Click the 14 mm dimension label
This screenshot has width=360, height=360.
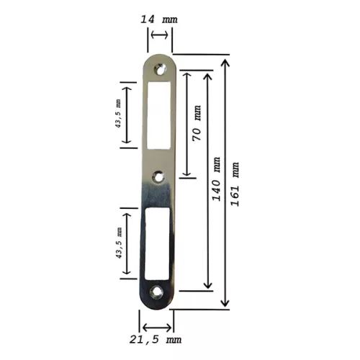pyautogui.click(x=159, y=19)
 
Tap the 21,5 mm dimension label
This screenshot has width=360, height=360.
pyautogui.click(x=156, y=340)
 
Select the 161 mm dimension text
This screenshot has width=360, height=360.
pyautogui.click(x=235, y=184)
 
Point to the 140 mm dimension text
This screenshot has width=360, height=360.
pyautogui.click(x=216, y=179)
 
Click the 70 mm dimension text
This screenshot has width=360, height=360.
pyautogui.click(x=197, y=123)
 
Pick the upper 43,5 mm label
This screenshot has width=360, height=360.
pyautogui.click(x=118, y=113)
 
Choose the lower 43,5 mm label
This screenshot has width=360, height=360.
pyautogui.click(x=119, y=243)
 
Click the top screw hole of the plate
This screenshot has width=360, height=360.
pyautogui.click(x=161, y=69)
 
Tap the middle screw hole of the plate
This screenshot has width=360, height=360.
pyautogui.click(x=158, y=178)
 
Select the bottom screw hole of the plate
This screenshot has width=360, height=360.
pyautogui.click(x=156, y=292)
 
